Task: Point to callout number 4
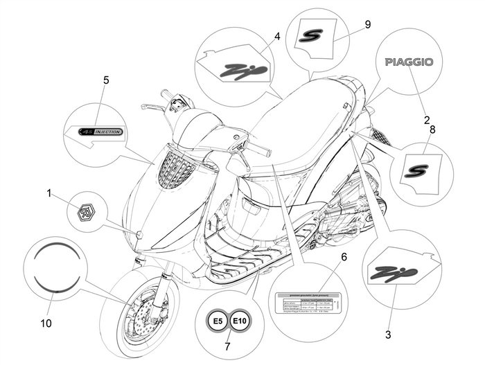click(276, 35)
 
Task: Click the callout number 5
click(106, 80)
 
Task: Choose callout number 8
click(433, 129)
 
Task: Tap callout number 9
click(367, 24)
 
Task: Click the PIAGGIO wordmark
click(409, 62)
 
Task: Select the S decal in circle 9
click(310, 35)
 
